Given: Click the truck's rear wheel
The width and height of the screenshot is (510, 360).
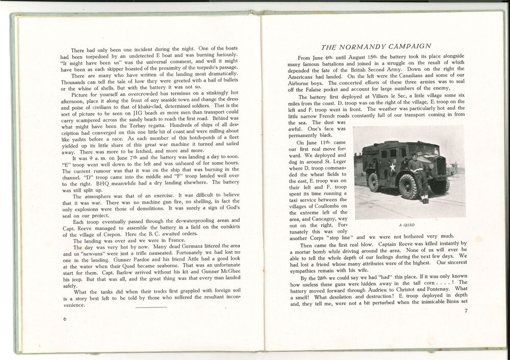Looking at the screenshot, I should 375,183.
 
